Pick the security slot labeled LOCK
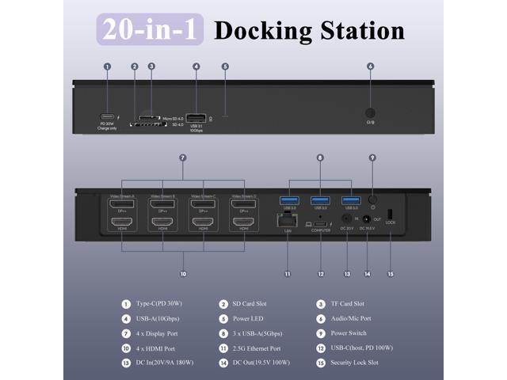click(x=390, y=214)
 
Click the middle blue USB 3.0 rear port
click(x=320, y=200)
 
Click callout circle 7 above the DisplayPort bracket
click(x=183, y=158)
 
